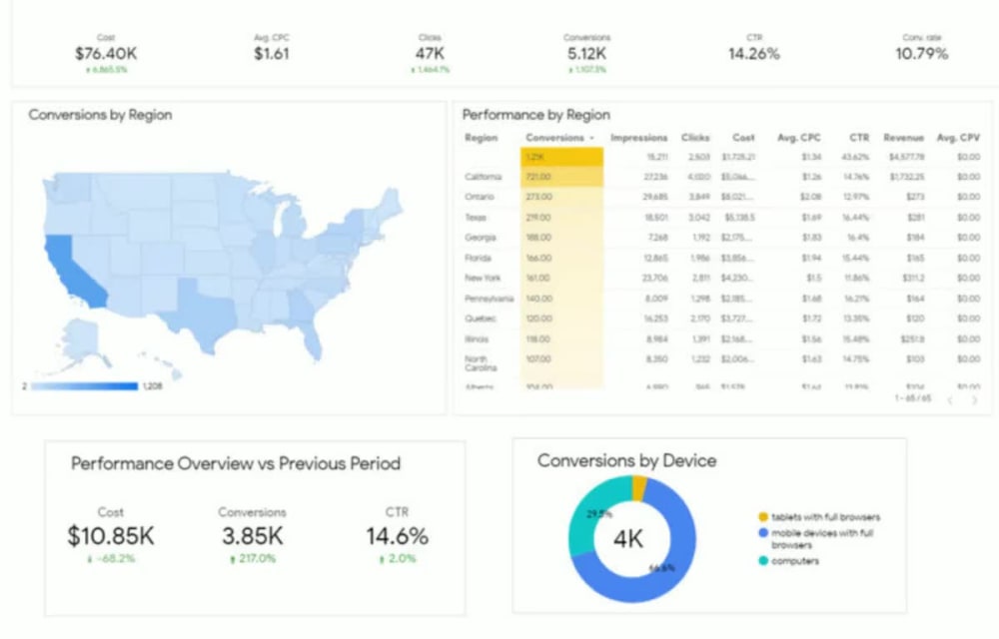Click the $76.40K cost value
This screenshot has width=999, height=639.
click(106, 54)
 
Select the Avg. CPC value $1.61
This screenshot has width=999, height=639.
click(271, 54)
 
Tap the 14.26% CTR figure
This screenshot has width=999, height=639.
click(753, 54)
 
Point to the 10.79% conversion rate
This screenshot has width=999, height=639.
click(921, 54)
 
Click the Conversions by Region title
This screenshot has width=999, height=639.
click(100, 115)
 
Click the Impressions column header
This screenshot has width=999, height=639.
click(638, 138)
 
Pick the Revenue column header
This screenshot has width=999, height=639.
click(903, 138)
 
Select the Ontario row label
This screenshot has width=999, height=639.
click(479, 197)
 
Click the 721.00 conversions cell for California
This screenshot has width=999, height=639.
click(539, 177)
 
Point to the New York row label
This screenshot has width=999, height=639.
click(483, 278)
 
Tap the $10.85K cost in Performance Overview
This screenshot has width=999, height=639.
click(111, 536)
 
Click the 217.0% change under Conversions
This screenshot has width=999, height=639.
click(252, 559)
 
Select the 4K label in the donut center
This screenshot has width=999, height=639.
click(628, 540)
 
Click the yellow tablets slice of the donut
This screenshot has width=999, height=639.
click(639, 487)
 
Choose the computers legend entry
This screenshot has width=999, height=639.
click(795, 561)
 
